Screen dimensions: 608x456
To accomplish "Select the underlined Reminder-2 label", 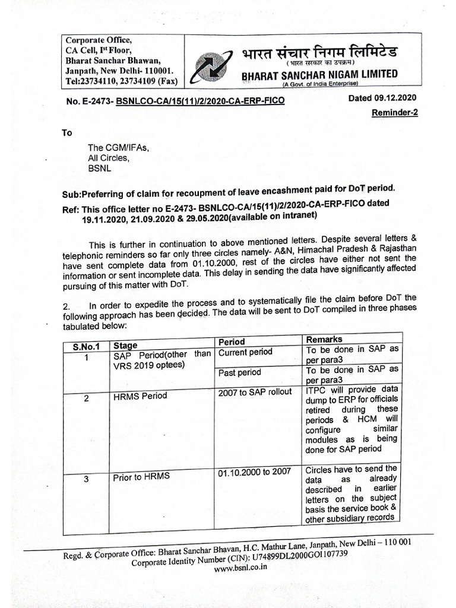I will tap(394, 113).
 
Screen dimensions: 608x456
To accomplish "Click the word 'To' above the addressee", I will tap(67, 133).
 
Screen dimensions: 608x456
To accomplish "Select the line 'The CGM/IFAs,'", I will tap(118, 148).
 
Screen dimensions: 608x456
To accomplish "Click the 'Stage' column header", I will tap(125, 345).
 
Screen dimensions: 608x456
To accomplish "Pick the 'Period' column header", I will tap(232, 342).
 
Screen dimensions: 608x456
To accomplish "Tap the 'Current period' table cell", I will tap(246, 352).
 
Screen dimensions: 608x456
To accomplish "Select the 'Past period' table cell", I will tap(240, 373).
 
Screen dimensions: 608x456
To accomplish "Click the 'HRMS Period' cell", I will tap(140, 395).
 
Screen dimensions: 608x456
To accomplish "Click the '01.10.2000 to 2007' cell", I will tap(254, 472).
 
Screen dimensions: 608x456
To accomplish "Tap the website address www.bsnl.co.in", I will tap(240, 567).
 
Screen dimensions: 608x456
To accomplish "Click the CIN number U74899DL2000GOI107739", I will tap(296, 555).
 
